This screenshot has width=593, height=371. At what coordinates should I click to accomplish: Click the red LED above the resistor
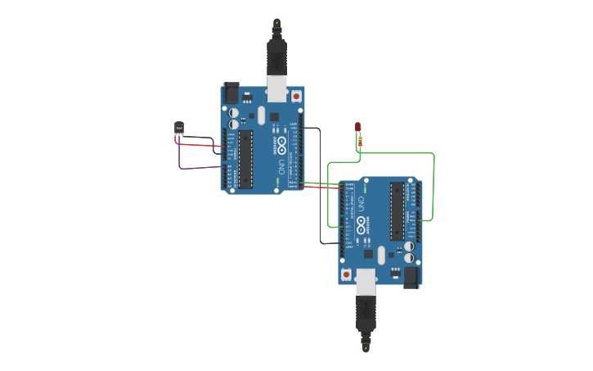(357, 126)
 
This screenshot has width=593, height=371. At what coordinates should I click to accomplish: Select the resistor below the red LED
(361, 142)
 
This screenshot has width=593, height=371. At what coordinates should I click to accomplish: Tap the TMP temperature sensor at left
(179, 127)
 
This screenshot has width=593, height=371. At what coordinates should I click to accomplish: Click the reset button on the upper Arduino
(296, 96)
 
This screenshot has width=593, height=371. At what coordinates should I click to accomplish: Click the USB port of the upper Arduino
(277, 88)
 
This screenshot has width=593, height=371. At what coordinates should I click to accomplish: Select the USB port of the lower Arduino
(366, 281)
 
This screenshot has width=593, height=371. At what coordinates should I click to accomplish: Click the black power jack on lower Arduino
(411, 278)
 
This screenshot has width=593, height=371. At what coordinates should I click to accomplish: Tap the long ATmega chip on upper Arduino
(245, 159)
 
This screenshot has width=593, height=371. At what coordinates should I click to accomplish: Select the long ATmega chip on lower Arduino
(398, 211)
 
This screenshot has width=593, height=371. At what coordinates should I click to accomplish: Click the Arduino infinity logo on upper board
(281, 146)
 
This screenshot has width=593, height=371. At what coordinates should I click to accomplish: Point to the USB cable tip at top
(276, 23)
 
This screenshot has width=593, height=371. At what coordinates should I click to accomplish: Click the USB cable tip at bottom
(366, 347)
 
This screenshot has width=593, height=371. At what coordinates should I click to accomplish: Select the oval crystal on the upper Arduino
(261, 115)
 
